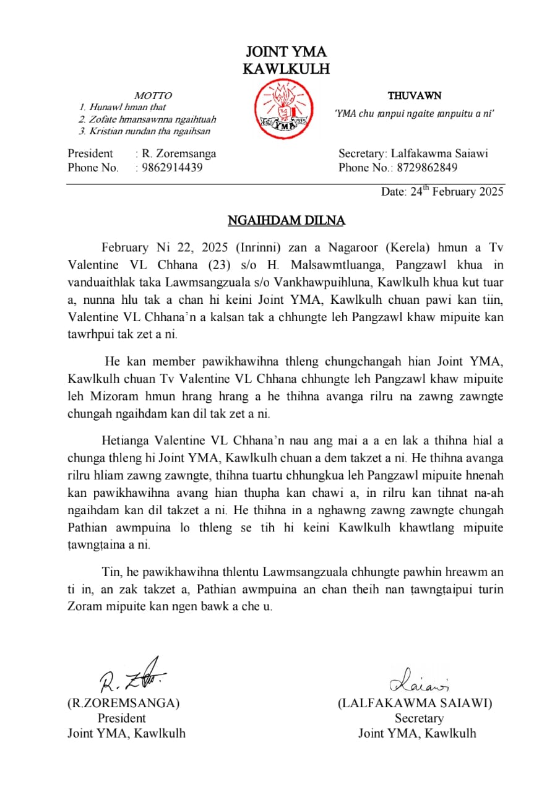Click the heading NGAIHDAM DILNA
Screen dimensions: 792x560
[286, 220]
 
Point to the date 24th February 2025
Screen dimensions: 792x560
[442, 191]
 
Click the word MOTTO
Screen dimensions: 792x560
[153, 96]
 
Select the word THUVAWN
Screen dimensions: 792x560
[415, 96]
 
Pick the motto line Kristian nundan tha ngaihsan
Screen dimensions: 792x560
[149, 131]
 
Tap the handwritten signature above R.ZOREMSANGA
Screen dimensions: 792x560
[129, 676]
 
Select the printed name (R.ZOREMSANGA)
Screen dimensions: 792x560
[123, 704]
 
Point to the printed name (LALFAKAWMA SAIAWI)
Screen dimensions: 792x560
[415, 704]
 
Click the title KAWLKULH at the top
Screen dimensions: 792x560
[286, 69]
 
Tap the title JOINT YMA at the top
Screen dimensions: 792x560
[286, 51]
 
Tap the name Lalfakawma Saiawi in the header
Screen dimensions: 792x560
[439, 153]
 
